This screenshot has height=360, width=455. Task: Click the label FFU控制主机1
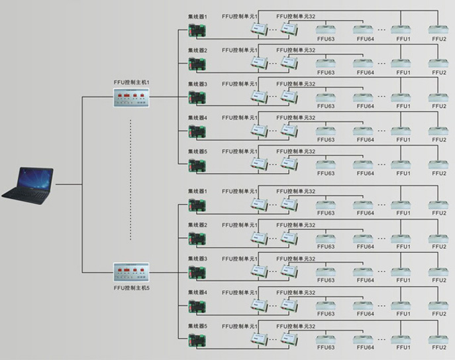pos(131,82)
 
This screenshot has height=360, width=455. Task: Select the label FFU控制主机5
pos(131,288)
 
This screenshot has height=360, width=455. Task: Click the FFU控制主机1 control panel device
pos(131,97)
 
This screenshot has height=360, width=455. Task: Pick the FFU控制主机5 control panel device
pos(131,272)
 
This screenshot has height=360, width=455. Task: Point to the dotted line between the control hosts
pos(130,180)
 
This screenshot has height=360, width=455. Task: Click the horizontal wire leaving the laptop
pos(69,184)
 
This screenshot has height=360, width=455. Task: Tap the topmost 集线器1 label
pos(197,17)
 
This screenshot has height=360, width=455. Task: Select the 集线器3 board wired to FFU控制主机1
pos(197,97)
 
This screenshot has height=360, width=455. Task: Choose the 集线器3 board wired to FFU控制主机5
pos(197,273)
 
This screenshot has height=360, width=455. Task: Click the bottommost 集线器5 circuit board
pos(197,340)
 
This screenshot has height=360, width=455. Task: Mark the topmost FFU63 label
pos(326,39)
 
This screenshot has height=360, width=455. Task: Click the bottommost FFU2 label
pos(438,347)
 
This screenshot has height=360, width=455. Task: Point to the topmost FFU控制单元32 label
pos(295,17)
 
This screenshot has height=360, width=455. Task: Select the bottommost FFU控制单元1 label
pos(240,327)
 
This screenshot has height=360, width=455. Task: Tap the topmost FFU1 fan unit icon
pos(401,30)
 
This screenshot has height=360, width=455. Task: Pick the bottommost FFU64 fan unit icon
pos(363,339)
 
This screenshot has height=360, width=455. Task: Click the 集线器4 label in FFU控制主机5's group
pos(197,292)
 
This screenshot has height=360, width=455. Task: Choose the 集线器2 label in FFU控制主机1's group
pos(197,50)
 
